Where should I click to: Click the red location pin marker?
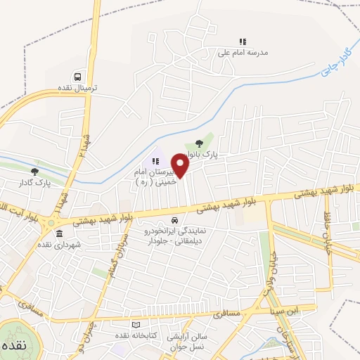coord(181,167)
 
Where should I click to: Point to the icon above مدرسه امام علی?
coord(243,41)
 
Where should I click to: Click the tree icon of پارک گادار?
coord(34,171)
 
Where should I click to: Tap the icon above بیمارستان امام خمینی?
coord(155,161)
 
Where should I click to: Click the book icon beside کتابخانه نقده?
coord(136,324)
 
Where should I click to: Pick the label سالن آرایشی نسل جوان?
coord(188,342)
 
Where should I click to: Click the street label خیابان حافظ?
coord(326,233)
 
